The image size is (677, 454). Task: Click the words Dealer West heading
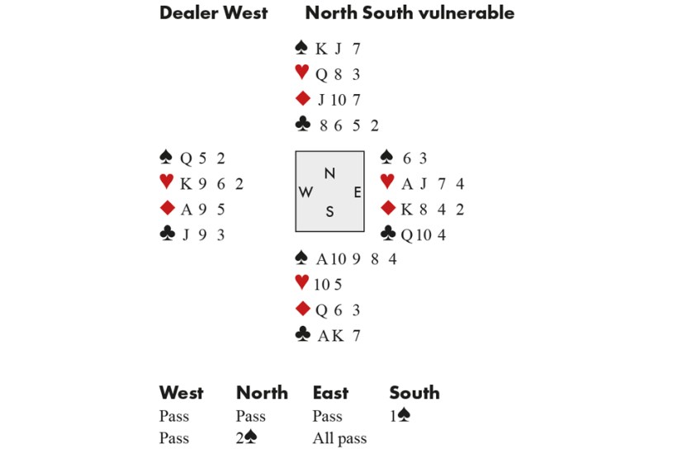click(x=213, y=13)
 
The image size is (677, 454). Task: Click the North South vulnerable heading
click(x=410, y=13)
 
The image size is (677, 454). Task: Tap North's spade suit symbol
click(x=301, y=49)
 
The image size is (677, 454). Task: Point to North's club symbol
click(x=301, y=125)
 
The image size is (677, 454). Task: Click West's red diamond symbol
click(x=166, y=209)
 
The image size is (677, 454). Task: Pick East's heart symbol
click(x=386, y=183)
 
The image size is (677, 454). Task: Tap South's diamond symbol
click(x=301, y=310)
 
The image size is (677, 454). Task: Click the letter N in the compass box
click(x=329, y=173)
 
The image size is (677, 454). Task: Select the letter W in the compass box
click(x=305, y=192)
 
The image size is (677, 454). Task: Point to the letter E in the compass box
click(x=357, y=192)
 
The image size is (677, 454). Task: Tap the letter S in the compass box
click(x=329, y=211)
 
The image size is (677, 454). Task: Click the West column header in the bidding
click(x=181, y=393)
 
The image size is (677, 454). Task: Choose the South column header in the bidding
click(x=414, y=393)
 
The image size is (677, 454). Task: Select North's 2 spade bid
click(x=246, y=438)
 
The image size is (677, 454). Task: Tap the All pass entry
click(x=339, y=438)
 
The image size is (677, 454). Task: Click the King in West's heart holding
click(x=186, y=184)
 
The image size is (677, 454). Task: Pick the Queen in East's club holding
click(x=407, y=234)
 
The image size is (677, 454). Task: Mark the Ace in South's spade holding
click(x=323, y=259)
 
